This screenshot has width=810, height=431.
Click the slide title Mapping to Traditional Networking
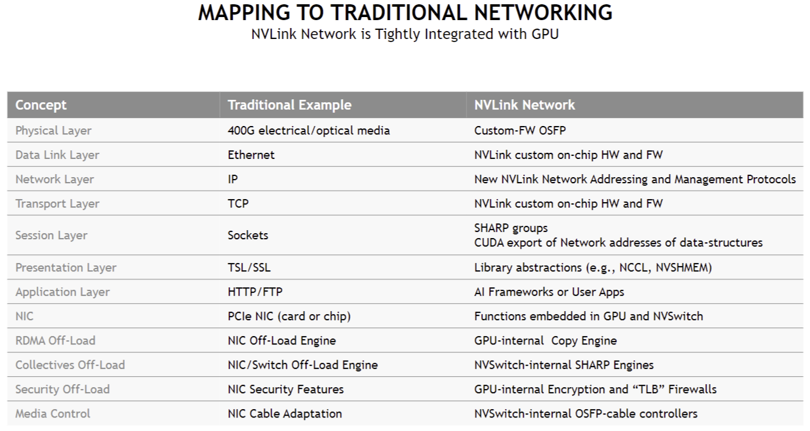405,13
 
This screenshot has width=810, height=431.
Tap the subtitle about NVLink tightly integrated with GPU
405,34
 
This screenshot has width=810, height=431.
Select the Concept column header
41,105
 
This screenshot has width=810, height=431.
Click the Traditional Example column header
289,105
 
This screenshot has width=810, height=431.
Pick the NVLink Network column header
524,105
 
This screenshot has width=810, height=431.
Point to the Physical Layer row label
54,130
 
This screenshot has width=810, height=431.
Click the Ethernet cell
251,155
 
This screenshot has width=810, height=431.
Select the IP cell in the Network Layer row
233,179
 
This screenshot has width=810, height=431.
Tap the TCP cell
238,203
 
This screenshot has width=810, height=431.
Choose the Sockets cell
248,235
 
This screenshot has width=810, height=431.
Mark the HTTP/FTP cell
255,292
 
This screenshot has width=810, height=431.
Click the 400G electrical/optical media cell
309,130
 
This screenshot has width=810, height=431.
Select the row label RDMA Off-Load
55,340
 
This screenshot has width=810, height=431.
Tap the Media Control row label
53,413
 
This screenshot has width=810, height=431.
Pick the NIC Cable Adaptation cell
285,413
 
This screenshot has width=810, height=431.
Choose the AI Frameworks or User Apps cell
549,292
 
